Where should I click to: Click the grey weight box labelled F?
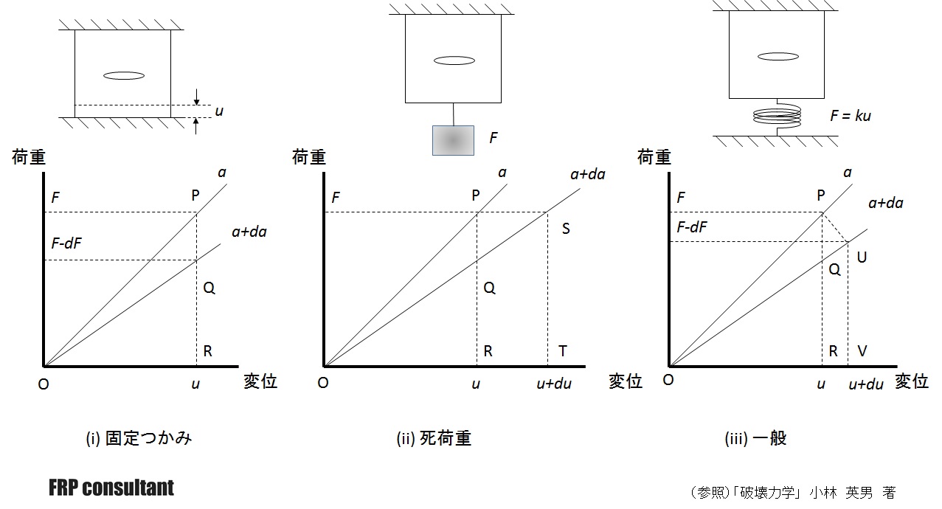(453, 140)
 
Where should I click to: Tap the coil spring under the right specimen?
(776, 117)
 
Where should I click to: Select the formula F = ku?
(851, 115)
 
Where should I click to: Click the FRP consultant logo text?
(111, 488)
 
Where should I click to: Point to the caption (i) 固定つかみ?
(139, 438)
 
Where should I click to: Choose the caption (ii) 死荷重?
(434, 438)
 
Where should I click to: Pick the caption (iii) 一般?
(756, 438)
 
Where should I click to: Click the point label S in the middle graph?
(566, 229)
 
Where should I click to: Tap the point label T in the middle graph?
(563, 351)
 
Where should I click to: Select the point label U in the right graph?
(862, 257)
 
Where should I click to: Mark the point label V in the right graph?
(862, 351)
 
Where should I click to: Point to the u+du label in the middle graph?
(553, 384)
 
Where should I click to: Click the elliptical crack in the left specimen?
(123, 75)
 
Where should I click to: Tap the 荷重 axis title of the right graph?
(654, 157)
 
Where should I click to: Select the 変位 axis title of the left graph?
(260, 381)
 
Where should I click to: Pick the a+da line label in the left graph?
(249, 232)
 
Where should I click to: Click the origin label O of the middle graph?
(322, 383)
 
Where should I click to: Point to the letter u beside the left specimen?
(218, 111)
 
